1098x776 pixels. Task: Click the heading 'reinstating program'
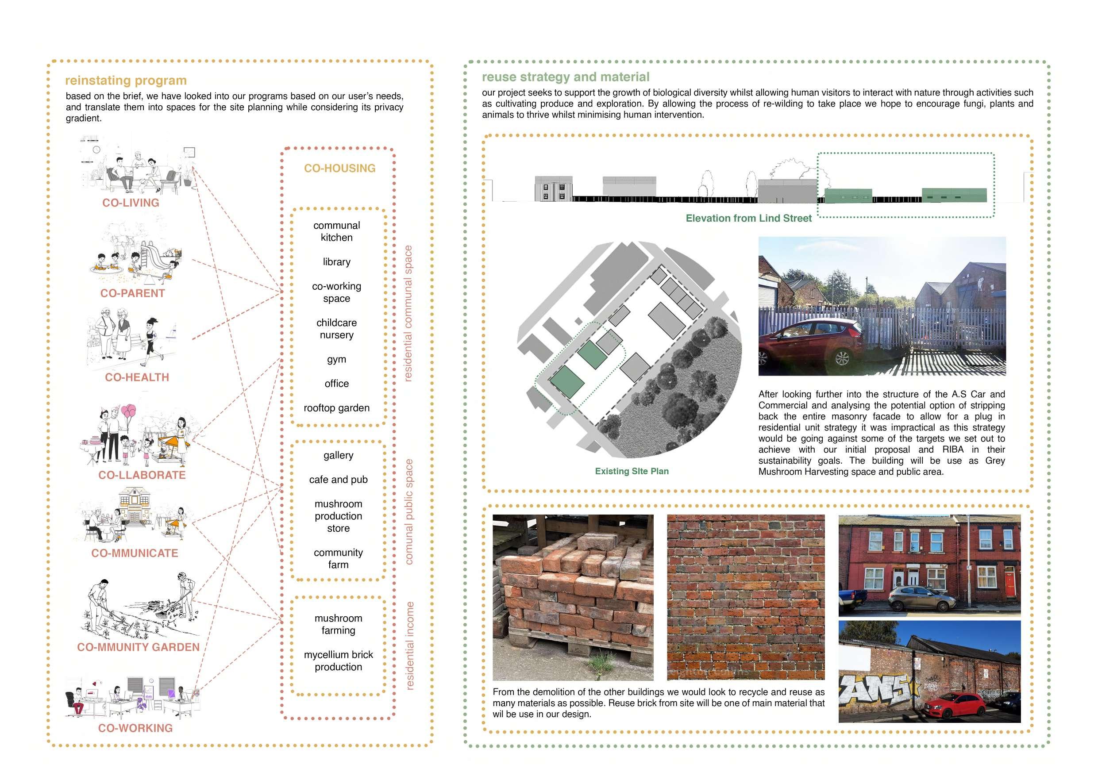tap(126, 81)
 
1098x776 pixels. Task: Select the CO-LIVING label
tap(131, 203)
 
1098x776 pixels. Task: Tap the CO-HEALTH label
tap(137, 377)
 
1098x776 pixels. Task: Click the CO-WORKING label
tap(135, 728)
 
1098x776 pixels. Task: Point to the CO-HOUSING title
tap(339, 168)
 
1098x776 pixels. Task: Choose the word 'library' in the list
tap(336, 262)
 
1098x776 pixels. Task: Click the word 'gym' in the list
tap(336, 360)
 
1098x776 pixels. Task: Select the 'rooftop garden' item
tap(336, 408)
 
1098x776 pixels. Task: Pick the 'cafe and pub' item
tap(338, 480)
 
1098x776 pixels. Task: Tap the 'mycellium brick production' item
tap(338, 661)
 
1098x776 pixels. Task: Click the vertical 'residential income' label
tap(409, 645)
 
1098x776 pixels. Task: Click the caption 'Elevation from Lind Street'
tap(748, 219)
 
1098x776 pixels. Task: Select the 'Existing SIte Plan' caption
tap(631, 471)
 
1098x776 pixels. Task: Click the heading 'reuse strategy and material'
tap(565, 77)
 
